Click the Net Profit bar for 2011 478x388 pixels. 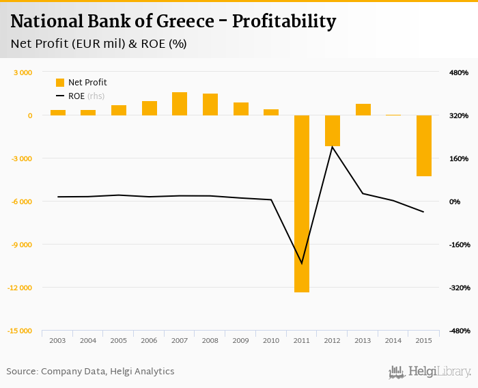(302, 204)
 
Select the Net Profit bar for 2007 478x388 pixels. (180, 104)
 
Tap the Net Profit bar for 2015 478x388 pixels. (424, 145)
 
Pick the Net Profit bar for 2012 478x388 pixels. (333, 130)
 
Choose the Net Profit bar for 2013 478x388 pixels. (363, 109)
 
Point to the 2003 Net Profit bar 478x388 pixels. (58, 113)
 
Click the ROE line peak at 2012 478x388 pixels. (333, 146)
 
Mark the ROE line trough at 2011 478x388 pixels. (302, 263)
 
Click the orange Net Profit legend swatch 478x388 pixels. (59, 83)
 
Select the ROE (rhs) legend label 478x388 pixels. (85, 96)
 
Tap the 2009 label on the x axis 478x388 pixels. (241, 340)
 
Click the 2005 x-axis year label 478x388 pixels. (119, 340)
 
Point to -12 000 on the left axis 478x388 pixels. (20, 288)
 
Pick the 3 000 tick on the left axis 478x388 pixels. (23, 72)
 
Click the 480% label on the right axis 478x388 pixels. (459, 72)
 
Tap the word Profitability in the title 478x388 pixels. (284, 22)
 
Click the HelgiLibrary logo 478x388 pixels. (430, 372)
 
